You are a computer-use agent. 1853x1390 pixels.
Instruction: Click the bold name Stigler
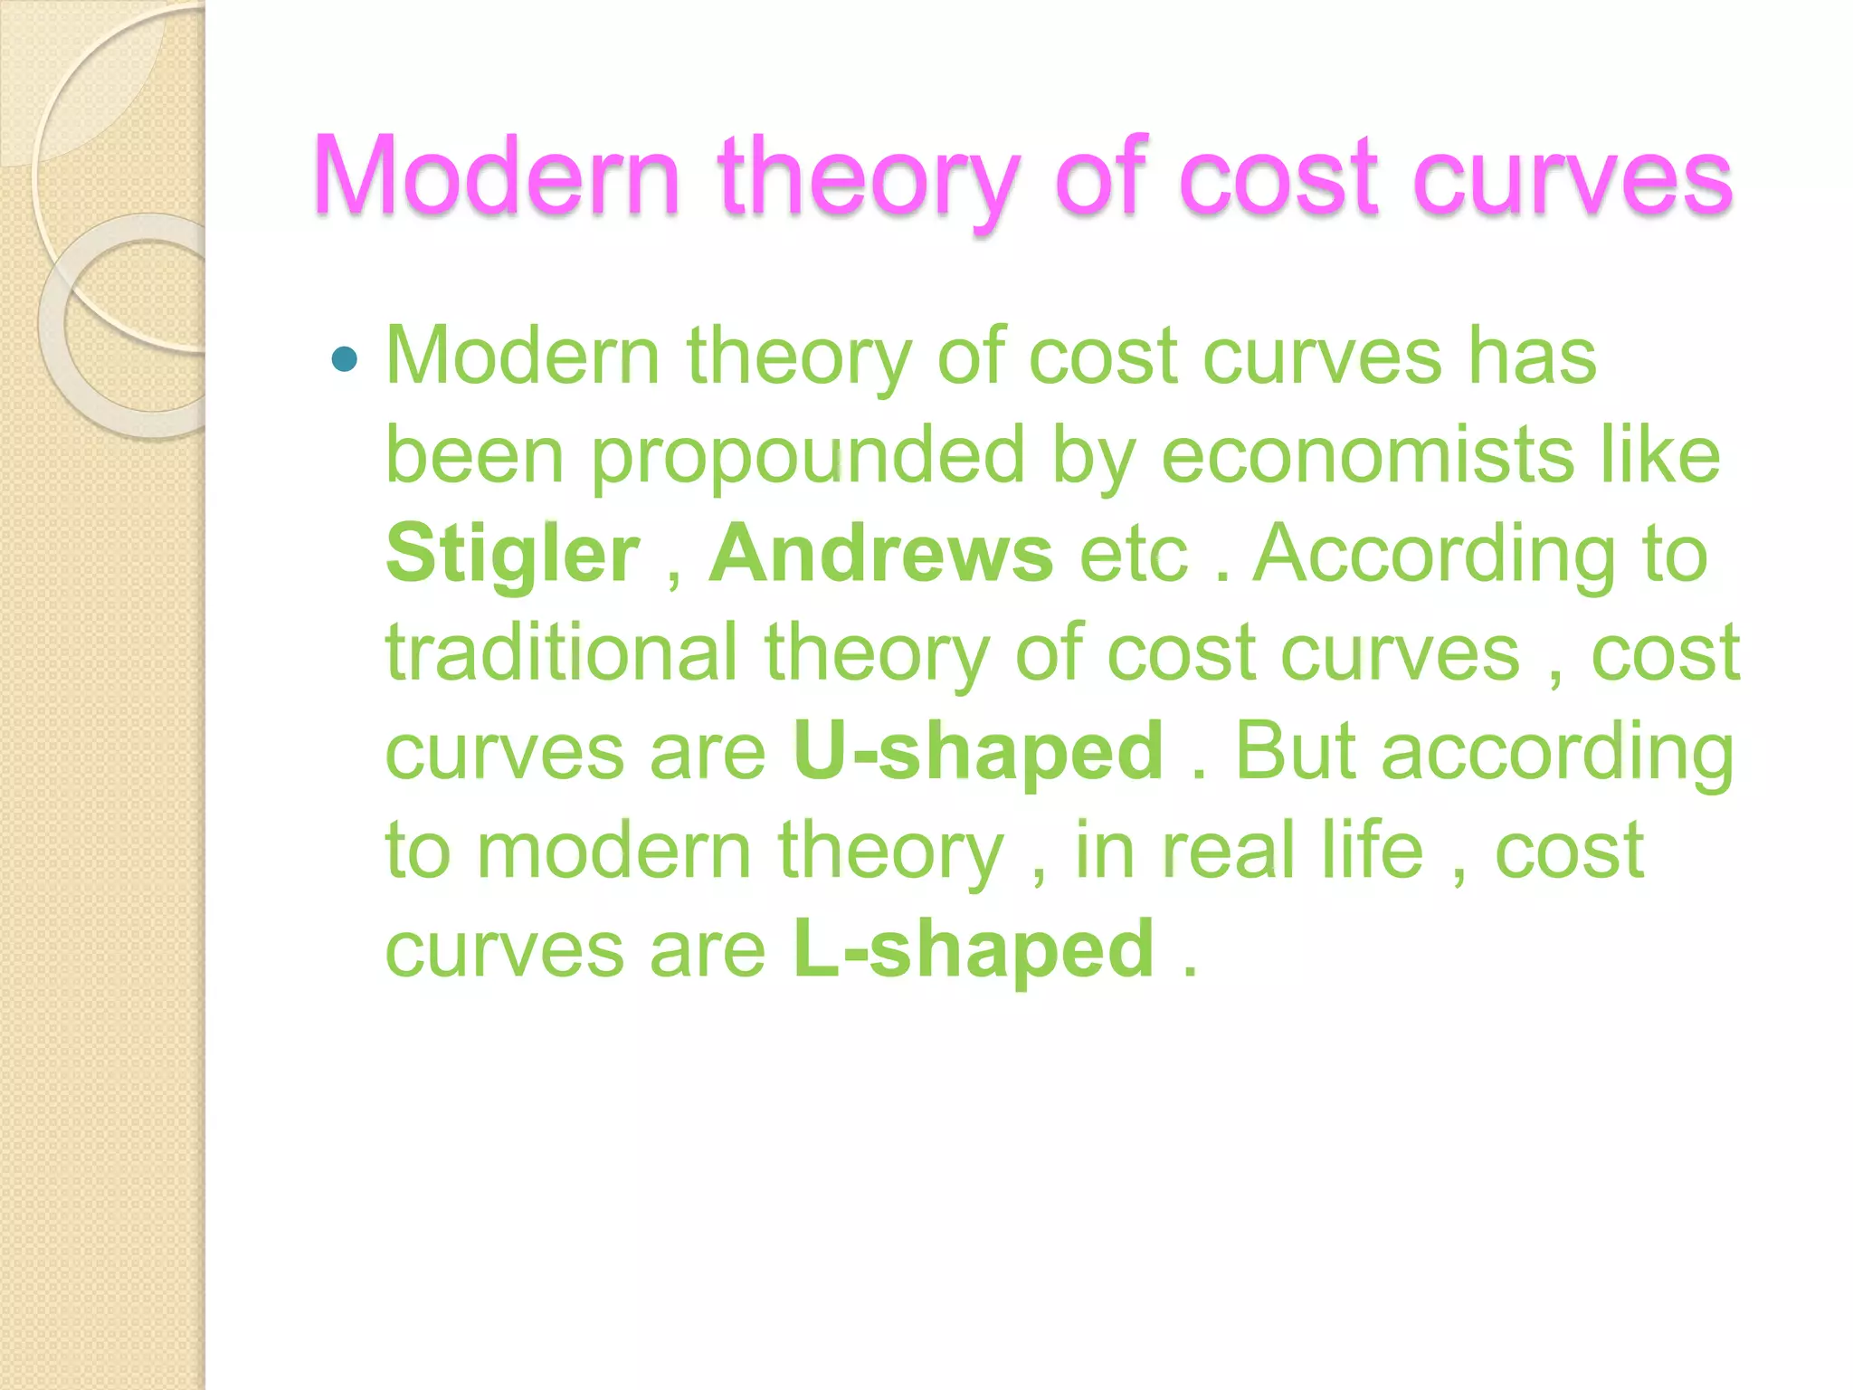coord(513,553)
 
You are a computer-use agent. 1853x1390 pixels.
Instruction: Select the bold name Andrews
coord(880,553)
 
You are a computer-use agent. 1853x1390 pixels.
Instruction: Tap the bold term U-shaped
coord(977,751)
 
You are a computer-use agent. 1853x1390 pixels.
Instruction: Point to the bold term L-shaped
coord(974,949)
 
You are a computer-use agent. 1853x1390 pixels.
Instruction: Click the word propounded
coord(808,455)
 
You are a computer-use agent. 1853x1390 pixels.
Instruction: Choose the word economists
coord(1367,455)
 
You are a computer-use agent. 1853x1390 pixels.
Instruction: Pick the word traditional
coord(562,652)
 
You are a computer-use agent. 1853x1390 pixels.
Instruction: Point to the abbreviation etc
coord(1133,554)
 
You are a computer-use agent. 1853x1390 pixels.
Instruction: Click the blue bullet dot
coord(345,360)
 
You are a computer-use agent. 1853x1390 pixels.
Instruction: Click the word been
coord(475,455)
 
